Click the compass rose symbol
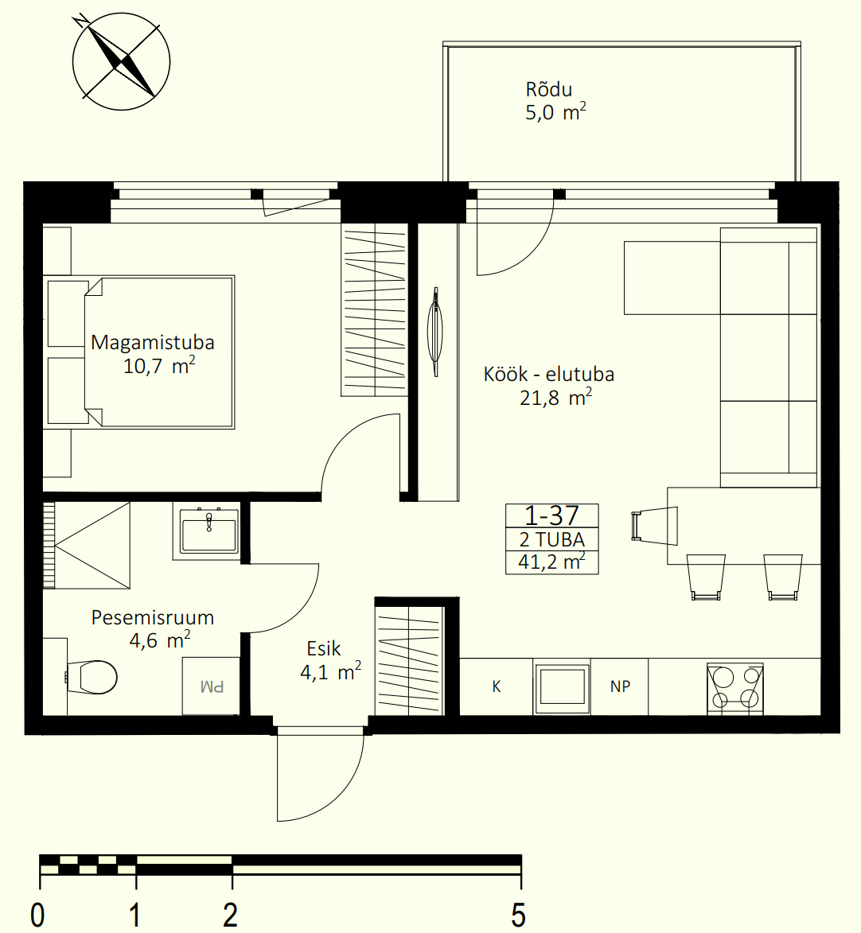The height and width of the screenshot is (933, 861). pos(121,61)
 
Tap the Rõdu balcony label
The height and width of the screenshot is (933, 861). pos(548,89)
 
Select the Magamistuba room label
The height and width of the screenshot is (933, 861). pos(153,342)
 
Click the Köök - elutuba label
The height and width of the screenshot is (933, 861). pos(548,375)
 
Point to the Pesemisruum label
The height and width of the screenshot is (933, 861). pos(153,618)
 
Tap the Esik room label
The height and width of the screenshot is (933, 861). pos(323,648)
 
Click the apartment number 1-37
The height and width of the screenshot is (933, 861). pos(551,515)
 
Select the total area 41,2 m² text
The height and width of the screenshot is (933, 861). pos(551,562)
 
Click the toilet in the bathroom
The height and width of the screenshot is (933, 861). pos(91,677)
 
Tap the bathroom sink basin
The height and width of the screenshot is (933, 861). pos(209,530)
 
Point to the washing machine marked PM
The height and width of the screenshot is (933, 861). pos(212,686)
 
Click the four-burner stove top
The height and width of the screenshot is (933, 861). pos(734,688)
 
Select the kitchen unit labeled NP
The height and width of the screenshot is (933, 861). pos(619,686)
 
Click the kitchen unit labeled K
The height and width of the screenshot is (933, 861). pos(497,686)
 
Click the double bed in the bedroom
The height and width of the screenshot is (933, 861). pos(140,352)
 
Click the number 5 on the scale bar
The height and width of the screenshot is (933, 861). pos(519,915)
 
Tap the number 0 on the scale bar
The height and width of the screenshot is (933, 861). pos(37,915)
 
